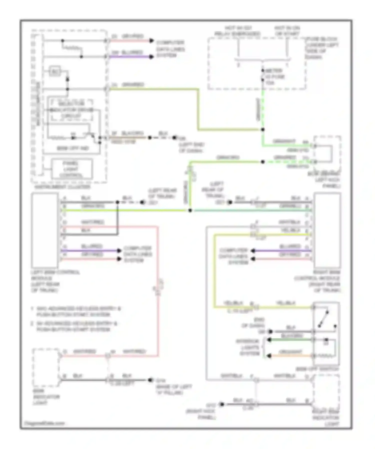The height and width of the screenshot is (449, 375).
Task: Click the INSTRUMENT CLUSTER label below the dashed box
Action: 62,187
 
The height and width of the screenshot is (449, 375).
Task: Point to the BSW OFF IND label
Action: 73,148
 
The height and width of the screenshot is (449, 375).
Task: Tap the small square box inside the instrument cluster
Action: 55,72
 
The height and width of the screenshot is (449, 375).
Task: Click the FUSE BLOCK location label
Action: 322,48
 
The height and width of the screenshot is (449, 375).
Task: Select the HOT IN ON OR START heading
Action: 287,31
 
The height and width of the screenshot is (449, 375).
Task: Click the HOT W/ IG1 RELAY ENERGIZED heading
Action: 238,31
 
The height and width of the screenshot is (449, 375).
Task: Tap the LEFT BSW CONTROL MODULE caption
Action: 55,281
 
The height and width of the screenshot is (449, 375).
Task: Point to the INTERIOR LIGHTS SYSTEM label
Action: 247,347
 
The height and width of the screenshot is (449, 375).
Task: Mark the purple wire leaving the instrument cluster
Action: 130,57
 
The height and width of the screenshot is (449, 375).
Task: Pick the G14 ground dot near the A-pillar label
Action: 150,380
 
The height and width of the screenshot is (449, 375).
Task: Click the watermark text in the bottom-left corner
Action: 44,423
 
